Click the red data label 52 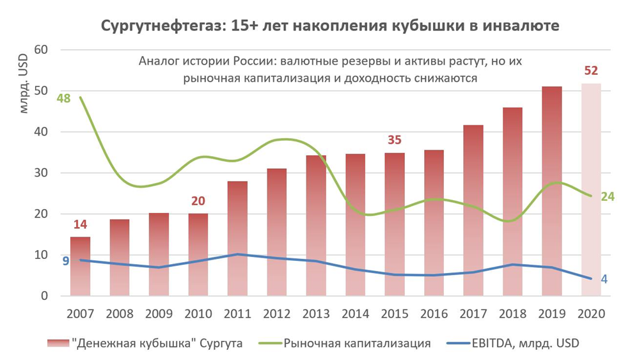(591, 71)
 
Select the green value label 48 (63, 98)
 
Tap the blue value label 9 (65, 260)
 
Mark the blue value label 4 (604, 279)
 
